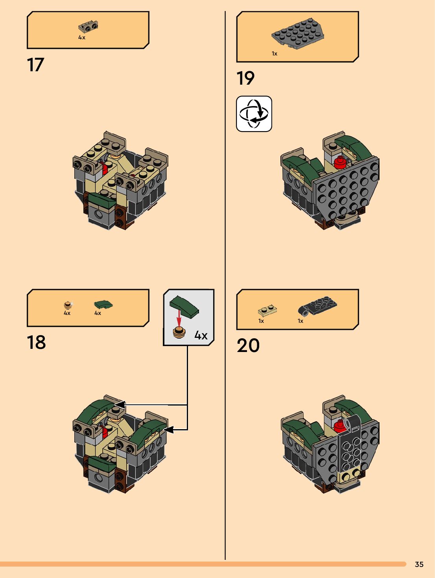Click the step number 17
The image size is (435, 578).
click(x=35, y=65)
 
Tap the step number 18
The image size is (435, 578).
click(x=36, y=343)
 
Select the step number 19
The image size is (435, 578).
click(x=245, y=78)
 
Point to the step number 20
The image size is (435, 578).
click(x=248, y=345)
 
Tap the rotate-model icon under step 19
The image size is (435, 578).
click(x=254, y=114)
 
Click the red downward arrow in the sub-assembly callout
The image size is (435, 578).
click(x=179, y=318)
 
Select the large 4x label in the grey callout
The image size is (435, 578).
click(x=201, y=335)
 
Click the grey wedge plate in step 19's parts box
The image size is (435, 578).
click(x=298, y=33)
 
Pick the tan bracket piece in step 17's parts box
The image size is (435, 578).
click(x=88, y=27)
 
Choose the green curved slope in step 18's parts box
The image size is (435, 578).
click(x=103, y=305)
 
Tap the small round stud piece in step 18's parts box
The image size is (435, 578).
click(x=68, y=305)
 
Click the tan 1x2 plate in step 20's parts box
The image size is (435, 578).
click(x=267, y=311)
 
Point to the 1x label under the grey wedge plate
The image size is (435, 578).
click(x=274, y=54)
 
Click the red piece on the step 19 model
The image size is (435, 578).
click(x=340, y=162)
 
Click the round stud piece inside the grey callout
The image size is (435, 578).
click(x=179, y=333)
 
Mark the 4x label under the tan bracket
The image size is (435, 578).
click(x=82, y=37)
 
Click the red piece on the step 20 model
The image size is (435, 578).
click(x=339, y=426)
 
